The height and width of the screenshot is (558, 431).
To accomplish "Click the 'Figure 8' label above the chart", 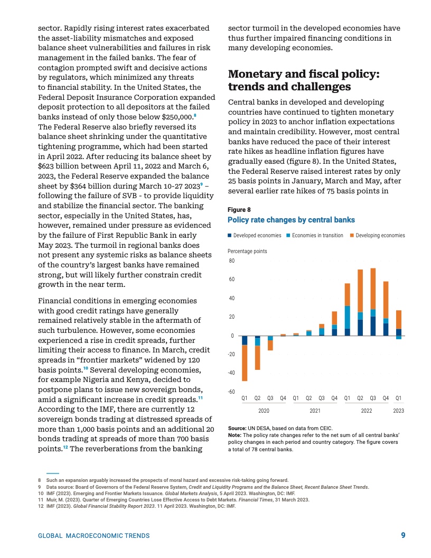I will pyautogui.click(x=239, y=209).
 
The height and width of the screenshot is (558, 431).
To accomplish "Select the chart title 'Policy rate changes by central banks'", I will pyautogui.click(x=291, y=220).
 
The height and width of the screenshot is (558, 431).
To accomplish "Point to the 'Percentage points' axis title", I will pyautogui.click(x=247, y=252).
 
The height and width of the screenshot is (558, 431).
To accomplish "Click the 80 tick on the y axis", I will pyautogui.click(x=231, y=261).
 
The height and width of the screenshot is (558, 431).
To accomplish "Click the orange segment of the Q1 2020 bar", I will pyautogui.click(x=245, y=362).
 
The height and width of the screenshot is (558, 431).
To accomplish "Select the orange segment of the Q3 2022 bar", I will pyautogui.click(x=373, y=289).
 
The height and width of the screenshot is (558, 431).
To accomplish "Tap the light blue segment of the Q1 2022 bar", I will pyautogui.click(x=348, y=317).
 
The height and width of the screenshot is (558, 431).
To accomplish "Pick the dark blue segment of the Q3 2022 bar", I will pyautogui.click(x=373, y=326).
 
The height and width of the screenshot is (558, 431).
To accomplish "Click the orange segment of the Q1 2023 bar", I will pyautogui.click(x=399, y=319).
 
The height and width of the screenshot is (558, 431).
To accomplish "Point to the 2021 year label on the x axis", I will pyautogui.click(x=315, y=411).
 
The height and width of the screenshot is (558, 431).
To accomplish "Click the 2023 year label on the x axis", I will pyautogui.click(x=399, y=411).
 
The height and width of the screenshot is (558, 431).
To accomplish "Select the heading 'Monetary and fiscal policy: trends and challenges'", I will pyautogui.click(x=303, y=80).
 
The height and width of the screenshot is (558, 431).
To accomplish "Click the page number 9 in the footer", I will pyautogui.click(x=403, y=535).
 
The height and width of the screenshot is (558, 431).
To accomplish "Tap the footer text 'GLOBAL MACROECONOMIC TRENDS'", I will pyautogui.click(x=93, y=536).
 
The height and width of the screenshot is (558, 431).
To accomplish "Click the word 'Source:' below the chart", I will pyautogui.click(x=237, y=428).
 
